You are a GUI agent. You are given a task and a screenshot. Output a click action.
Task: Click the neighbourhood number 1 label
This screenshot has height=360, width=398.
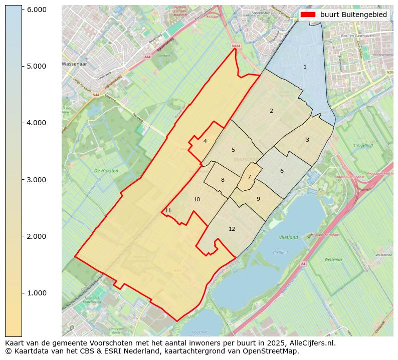click(x=305, y=67)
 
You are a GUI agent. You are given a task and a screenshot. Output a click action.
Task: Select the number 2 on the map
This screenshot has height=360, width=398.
click(x=271, y=111)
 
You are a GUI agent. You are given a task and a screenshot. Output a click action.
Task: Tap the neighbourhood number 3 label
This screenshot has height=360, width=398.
click(x=307, y=140)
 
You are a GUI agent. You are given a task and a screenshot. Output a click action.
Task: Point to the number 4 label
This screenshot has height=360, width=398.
click(x=205, y=141)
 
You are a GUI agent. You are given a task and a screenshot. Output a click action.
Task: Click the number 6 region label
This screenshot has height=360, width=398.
click(x=282, y=171)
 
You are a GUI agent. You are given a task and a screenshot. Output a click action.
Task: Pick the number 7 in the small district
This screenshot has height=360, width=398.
click(x=249, y=177)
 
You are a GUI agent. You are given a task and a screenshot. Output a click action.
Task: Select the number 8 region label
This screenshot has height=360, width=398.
click(x=223, y=180)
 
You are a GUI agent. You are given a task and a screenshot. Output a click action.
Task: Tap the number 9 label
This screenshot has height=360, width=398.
click(x=258, y=199)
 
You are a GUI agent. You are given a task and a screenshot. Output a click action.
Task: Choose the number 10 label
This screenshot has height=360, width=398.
click(x=196, y=199)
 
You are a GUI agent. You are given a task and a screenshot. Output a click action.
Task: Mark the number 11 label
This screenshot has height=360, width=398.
click(x=168, y=210)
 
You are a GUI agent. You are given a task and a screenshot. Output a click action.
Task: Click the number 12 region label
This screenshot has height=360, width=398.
click(x=232, y=229)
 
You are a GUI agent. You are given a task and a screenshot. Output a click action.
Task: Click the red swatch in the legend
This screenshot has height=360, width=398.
click(x=308, y=15)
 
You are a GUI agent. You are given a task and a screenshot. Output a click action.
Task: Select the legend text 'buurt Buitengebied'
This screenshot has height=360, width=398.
click(x=353, y=15)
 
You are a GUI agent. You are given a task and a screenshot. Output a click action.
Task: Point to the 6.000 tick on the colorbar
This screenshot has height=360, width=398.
click(x=36, y=10)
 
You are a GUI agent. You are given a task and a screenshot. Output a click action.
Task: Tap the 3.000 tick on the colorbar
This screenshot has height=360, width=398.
click(x=36, y=180)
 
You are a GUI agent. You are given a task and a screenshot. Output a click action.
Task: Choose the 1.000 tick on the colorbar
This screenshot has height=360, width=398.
click(x=36, y=293)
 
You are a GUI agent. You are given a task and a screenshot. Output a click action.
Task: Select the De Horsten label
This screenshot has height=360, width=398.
click(x=106, y=171)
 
